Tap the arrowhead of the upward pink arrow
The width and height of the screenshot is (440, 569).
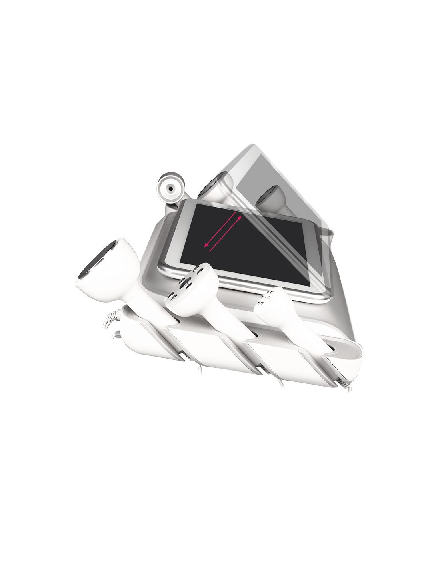point(240,217)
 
